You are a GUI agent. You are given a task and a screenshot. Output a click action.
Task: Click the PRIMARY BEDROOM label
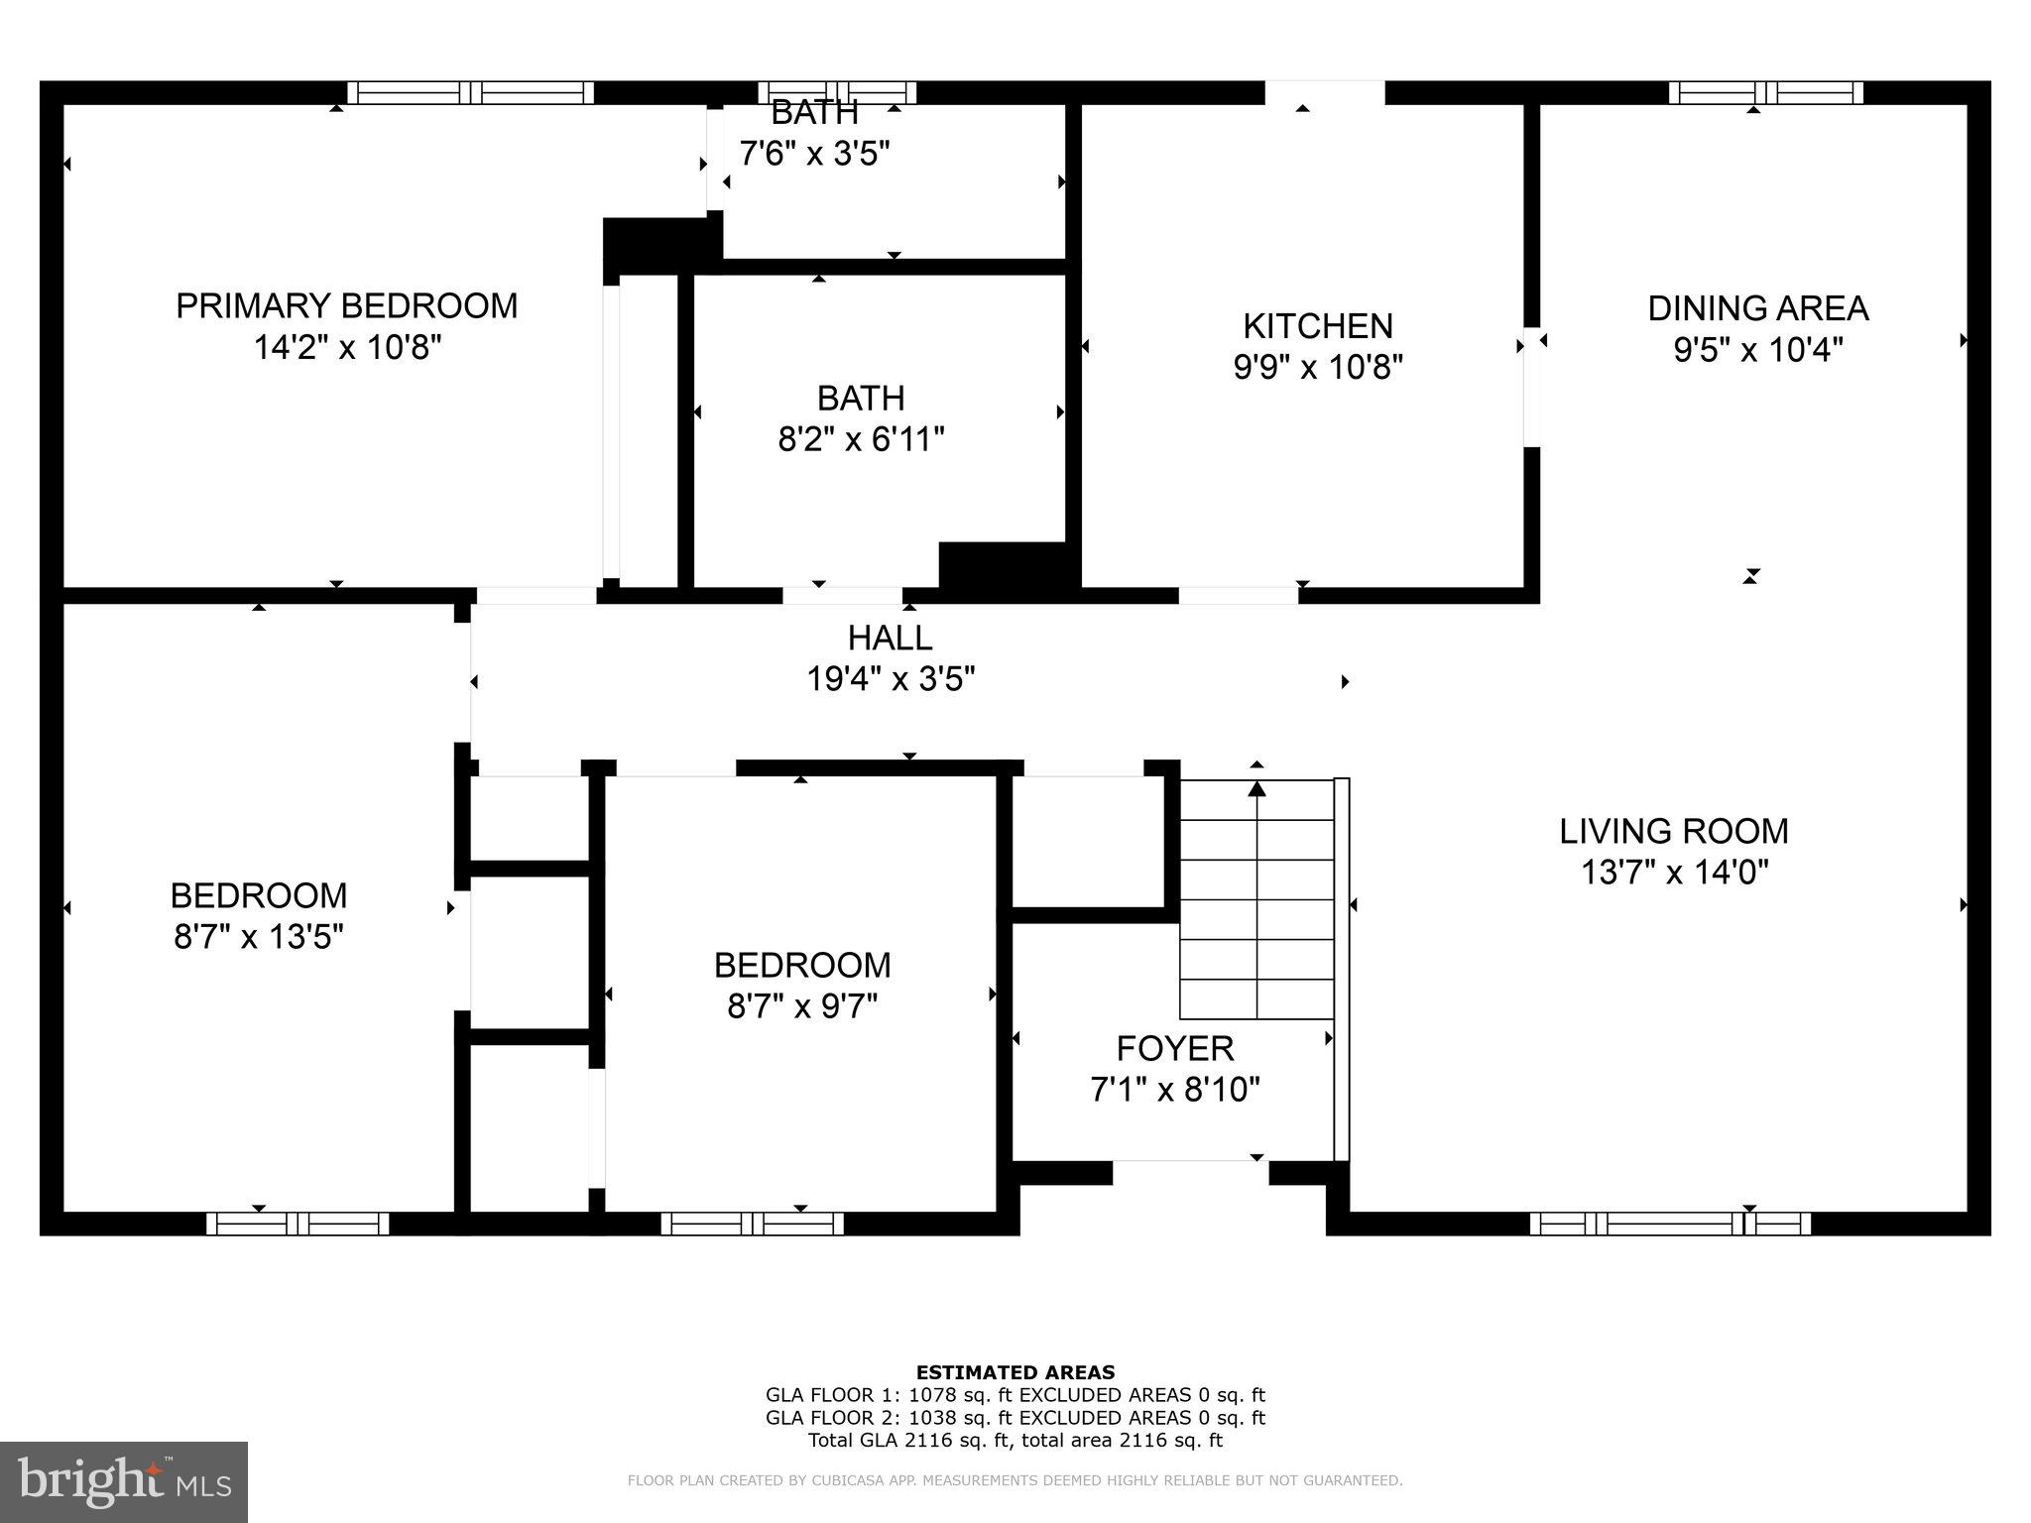point(346,305)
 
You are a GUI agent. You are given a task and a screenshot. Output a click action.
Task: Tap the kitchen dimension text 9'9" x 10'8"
point(1317,368)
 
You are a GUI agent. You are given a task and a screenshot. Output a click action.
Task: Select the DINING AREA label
point(1757,308)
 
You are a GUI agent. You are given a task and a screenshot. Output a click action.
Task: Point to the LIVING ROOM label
point(1673,831)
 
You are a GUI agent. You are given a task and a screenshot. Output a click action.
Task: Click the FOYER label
point(1174,1048)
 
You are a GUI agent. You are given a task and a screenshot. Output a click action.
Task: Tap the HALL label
point(890,638)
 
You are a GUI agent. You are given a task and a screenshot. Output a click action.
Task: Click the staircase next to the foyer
point(1256,899)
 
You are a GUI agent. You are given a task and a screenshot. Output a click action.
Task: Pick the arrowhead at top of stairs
point(1256,788)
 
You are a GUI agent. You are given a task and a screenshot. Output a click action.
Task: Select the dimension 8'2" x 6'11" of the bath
point(860,439)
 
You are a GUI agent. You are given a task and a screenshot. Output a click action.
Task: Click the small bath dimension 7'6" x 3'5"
point(814,154)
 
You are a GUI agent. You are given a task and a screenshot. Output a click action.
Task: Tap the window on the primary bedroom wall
point(471,93)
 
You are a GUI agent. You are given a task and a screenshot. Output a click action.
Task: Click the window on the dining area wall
point(1765,93)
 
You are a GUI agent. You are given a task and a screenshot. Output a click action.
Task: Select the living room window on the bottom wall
point(1669,1224)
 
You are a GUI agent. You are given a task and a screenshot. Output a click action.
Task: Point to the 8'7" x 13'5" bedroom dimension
point(258,937)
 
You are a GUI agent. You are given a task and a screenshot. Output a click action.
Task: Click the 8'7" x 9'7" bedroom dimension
point(802,1007)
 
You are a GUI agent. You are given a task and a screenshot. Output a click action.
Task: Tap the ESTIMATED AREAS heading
point(1015,1372)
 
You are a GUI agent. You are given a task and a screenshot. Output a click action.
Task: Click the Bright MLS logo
point(124,1481)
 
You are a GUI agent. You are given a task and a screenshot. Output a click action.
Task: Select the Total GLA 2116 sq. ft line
point(1015,1441)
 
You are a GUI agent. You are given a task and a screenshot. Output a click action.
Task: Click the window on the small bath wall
point(837,93)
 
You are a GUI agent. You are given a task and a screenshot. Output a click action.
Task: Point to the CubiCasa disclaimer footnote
point(1015,1481)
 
